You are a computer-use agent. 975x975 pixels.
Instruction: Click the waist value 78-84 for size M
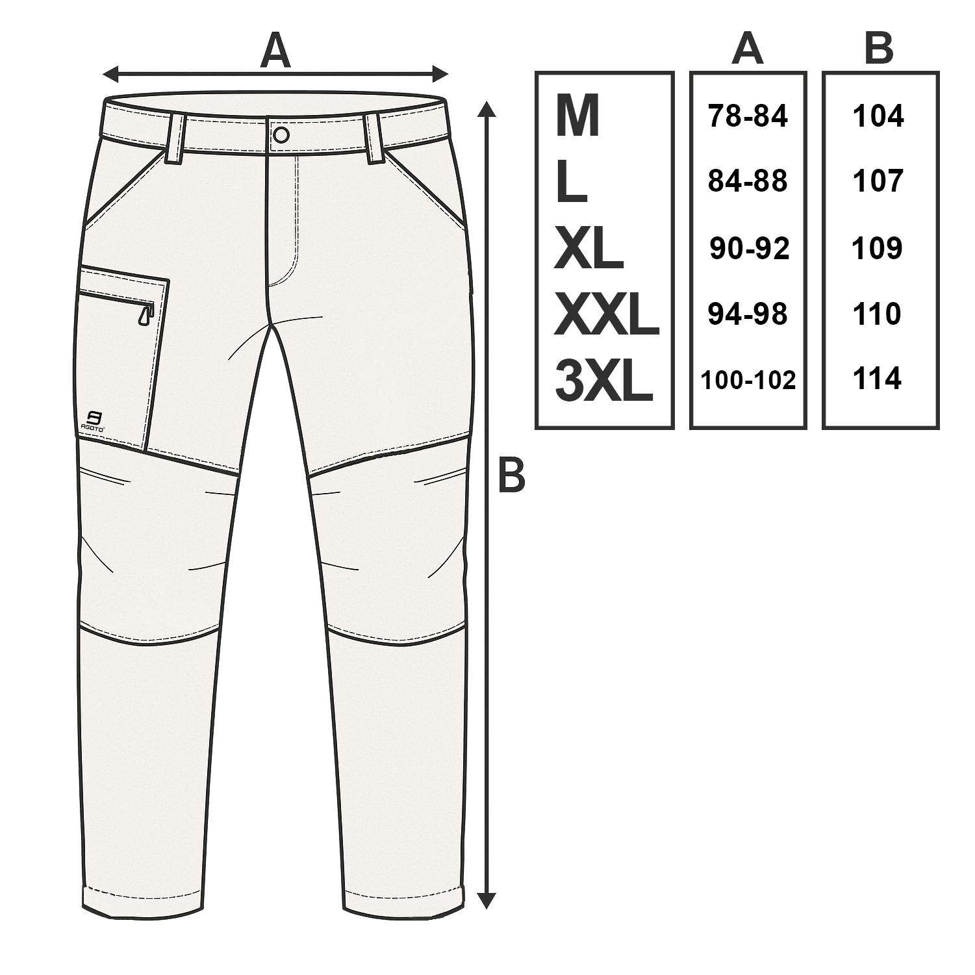748,117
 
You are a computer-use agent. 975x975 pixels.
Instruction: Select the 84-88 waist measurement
748,181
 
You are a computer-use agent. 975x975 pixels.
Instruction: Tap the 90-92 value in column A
749,248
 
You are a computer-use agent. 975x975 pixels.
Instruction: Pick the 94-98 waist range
748,314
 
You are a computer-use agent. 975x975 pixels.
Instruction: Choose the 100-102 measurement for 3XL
748,380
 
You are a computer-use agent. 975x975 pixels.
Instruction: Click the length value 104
878,117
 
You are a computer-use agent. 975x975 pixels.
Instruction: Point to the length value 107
878,181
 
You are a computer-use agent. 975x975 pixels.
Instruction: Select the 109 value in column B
878,248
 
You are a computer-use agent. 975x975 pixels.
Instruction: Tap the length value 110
877,314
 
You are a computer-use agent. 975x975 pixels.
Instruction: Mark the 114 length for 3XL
877,379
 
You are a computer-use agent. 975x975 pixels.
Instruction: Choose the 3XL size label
603,382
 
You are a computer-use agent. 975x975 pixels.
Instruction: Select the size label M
577,118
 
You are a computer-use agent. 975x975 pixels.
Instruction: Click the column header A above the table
747,49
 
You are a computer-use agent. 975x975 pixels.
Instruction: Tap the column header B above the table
879,49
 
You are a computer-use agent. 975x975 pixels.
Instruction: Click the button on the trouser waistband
281,134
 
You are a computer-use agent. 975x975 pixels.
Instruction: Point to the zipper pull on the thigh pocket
144,315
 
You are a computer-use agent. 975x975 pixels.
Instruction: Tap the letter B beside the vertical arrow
511,476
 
